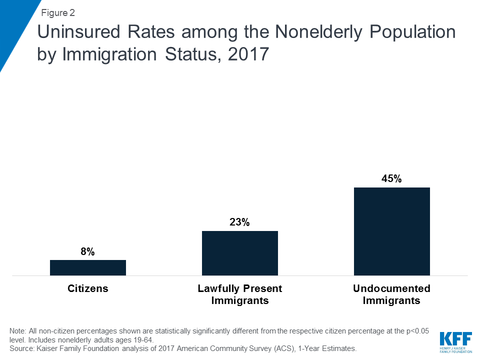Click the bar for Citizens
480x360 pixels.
(x=88, y=267)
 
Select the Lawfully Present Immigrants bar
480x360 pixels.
(x=240, y=253)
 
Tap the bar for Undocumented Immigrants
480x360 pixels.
(x=392, y=231)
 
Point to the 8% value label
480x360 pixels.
(x=87, y=252)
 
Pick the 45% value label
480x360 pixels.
(x=391, y=179)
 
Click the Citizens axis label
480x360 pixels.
(x=88, y=288)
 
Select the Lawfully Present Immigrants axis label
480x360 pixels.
(x=240, y=294)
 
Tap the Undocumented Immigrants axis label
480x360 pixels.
(x=391, y=294)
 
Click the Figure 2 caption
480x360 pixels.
(x=58, y=13)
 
